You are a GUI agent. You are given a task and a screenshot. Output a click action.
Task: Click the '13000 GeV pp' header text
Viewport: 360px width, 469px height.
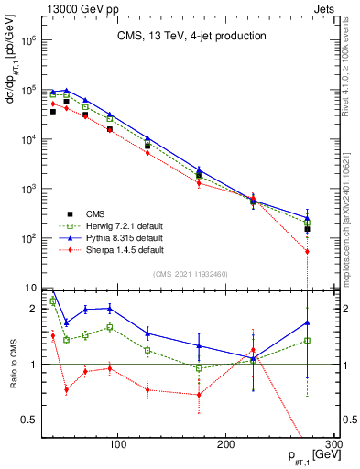tap(70, 8)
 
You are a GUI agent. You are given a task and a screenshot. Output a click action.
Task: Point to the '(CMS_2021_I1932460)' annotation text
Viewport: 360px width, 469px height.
tap(190, 274)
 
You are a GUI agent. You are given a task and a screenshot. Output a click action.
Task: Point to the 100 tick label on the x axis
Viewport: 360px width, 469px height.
tap(117, 443)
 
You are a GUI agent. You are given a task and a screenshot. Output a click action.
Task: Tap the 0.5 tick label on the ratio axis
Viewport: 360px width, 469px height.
tap(29, 420)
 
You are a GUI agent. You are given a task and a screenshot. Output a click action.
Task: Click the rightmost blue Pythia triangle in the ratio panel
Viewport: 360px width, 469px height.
tap(307, 322)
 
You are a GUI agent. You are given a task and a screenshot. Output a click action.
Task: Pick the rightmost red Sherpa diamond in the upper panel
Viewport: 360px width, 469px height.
tap(307, 251)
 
